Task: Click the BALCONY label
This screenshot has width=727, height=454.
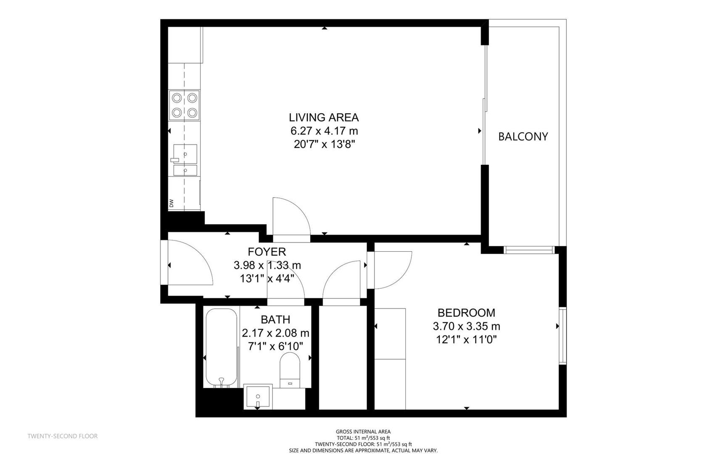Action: tap(523, 137)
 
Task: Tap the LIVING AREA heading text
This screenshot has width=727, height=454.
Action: tap(323, 117)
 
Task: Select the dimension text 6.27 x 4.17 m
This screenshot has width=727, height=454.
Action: tap(324, 131)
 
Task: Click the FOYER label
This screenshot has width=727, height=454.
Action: tap(267, 252)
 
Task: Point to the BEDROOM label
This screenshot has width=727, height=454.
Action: tap(466, 313)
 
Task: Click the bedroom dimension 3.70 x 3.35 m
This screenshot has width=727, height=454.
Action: tap(466, 326)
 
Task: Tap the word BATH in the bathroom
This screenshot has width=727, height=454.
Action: tap(275, 320)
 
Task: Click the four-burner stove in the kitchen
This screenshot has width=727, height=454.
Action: tap(184, 105)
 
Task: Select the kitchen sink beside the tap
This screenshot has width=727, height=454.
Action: tap(185, 154)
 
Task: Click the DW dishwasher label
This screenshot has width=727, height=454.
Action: tap(172, 203)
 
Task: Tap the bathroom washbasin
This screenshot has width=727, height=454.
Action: tap(258, 396)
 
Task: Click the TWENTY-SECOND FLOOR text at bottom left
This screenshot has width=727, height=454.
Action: tap(63, 436)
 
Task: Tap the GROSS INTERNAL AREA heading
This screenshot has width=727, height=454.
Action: tap(363, 431)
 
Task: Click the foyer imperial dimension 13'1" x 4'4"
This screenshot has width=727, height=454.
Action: tap(267, 278)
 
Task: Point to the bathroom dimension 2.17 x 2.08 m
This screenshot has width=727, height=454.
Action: tap(275, 333)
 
